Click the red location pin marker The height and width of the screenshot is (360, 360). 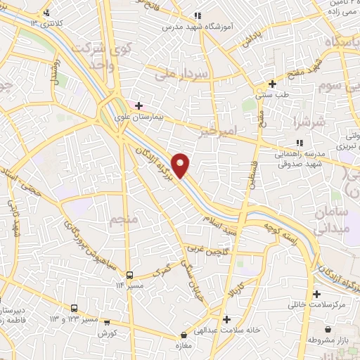pyautogui.click(x=181, y=165)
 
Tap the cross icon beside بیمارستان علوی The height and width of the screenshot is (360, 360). pyautogui.click(x=139, y=105)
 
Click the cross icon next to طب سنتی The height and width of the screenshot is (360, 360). pyautogui.click(x=272, y=84)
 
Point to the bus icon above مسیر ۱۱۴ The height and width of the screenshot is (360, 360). pyautogui.click(x=129, y=275)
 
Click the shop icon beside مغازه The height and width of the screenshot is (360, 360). pyautogui.click(x=184, y=335)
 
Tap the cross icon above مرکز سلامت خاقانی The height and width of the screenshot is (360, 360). pyautogui.click(x=316, y=294)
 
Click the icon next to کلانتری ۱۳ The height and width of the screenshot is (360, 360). pyautogui.click(x=46, y=13)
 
